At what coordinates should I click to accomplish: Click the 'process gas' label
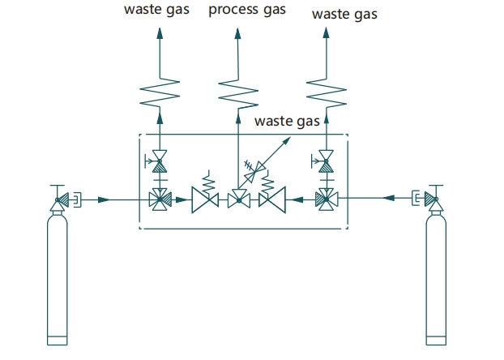[247, 10]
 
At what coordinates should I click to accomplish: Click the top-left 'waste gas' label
[156, 10]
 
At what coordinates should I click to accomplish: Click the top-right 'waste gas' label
[344, 15]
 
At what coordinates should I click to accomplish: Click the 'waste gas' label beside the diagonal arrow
[287, 122]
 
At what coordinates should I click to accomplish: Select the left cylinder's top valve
[61, 198]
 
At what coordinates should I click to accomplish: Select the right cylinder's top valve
[431, 198]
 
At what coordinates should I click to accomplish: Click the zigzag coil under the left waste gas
[160, 92]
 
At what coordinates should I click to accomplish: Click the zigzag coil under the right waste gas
[327, 92]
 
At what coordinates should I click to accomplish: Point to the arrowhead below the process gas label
[238, 33]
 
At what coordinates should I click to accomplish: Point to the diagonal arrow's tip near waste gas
[291, 137]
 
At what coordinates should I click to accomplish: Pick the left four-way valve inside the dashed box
[160, 199]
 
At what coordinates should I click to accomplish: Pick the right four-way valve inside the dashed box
[327, 199]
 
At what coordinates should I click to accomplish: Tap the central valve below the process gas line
[239, 199]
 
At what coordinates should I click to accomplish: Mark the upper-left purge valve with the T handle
[156, 161]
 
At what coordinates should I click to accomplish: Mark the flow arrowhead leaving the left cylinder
[104, 199]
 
